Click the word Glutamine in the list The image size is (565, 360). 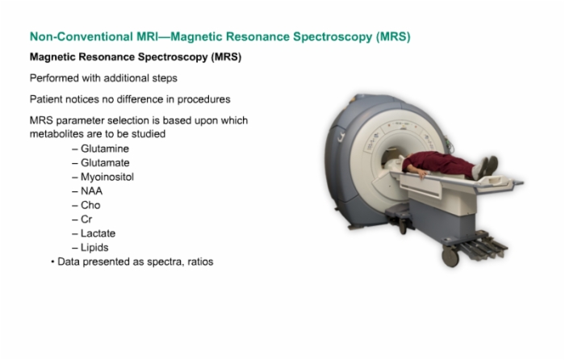coord(104,149)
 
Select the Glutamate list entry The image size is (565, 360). coord(105,162)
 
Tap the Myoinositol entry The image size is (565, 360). coord(107,177)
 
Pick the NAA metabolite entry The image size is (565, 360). coord(91,191)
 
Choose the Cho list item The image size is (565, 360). coord(90,205)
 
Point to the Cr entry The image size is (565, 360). coord(86,219)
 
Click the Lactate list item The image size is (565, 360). coord(98,233)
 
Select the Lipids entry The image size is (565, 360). coord(94,248)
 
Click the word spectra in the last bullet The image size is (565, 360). coord(165,262)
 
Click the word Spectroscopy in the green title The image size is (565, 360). coord(333,37)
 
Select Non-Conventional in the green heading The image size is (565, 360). coord(81,36)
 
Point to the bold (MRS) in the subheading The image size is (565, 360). coord(226,57)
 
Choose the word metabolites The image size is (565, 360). coord(56,134)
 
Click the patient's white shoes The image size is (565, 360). coord(486,167)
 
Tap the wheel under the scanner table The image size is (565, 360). coord(450,257)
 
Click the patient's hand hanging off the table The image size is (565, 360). coord(422,174)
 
